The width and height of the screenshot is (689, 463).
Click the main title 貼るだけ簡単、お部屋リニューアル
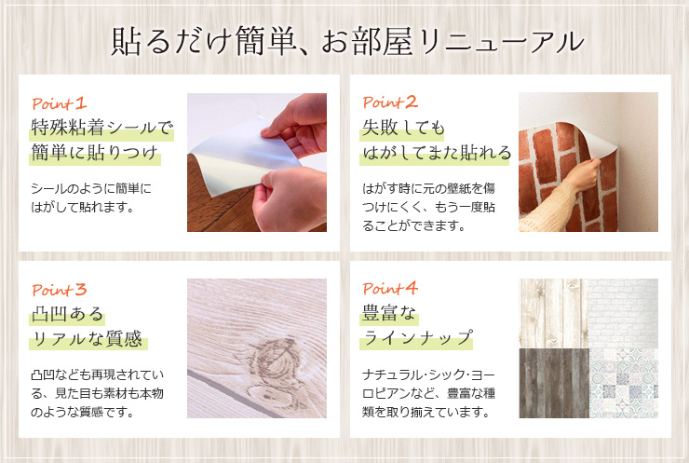click(347, 41)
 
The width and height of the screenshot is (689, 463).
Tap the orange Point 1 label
click(60, 103)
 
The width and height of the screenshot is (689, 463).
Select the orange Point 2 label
click(390, 102)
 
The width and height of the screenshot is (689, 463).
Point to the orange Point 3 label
click(60, 290)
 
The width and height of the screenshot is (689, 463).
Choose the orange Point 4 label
click(390, 289)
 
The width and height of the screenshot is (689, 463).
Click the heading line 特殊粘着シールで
click(102, 129)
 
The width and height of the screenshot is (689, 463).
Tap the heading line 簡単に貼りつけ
click(95, 153)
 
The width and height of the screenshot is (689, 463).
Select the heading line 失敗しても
click(403, 129)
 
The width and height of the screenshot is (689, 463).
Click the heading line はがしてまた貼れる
click(437, 153)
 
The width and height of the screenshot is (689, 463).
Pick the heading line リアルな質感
click(88, 339)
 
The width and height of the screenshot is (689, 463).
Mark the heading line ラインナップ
click(417, 338)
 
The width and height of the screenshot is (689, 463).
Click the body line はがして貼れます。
click(83, 207)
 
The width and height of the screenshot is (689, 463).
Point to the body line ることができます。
click(414, 226)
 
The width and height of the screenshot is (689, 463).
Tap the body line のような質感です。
click(83, 412)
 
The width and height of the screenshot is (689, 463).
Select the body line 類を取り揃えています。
click(426, 412)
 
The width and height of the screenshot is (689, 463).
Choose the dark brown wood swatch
click(554, 383)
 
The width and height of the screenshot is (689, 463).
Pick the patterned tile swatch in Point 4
click(624, 383)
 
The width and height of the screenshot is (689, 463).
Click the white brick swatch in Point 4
click(624, 314)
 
